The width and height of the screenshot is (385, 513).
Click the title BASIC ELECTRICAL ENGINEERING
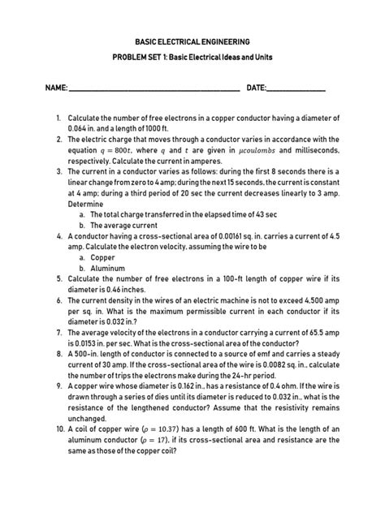(192, 41)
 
